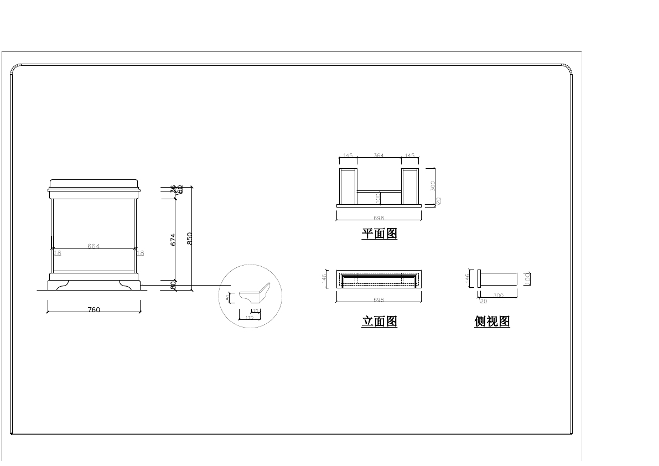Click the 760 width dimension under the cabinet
tap(94, 309)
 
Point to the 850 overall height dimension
tap(189, 238)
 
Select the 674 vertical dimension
tap(173, 239)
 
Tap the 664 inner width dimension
tap(94, 246)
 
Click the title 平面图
tap(380, 234)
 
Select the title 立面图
tap(380, 322)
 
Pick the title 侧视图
tap(492, 322)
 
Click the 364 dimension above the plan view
tap(378, 156)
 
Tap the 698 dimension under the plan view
tap(378, 218)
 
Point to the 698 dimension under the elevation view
tap(378, 299)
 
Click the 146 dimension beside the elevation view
tap(325, 278)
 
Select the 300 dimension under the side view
tap(498, 296)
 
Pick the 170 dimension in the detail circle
tap(249, 318)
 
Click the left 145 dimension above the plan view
tap(347, 156)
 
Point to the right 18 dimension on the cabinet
tap(141, 253)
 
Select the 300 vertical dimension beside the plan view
tap(433, 185)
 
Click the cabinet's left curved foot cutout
tap(60, 284)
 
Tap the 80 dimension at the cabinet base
tap(173, 286)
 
